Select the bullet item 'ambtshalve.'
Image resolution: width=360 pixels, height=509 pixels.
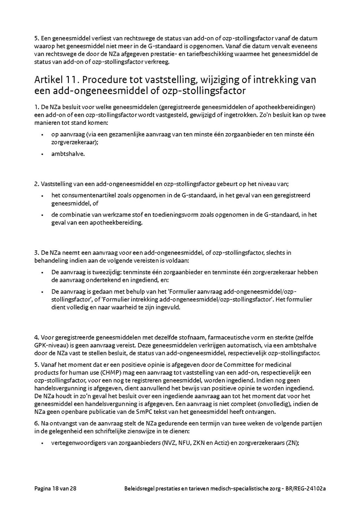pyautogui.click(x=68, y=154)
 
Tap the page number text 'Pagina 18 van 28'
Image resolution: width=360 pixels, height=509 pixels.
pyautogui.click(x=55, y=489)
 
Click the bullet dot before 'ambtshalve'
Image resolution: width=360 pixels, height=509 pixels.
pyautogui.click(x=42, y=154)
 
